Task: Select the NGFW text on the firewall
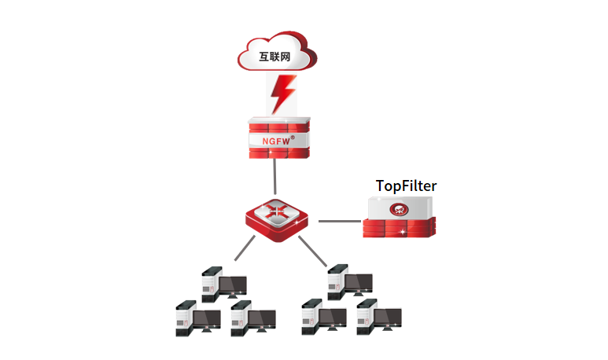(270, 141)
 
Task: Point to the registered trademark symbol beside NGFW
(293, 138)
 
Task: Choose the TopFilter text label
(406, 186)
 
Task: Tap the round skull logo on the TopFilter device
(400, 210)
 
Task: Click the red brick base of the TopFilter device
(400, 230)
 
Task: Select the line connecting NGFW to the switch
(275, 177)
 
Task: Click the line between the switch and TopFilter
(338, 221)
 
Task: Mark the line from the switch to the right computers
(314, 253)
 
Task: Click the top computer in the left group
(223, 285)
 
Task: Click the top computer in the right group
(350, 281)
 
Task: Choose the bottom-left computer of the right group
(323, 316)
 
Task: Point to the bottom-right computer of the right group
(378, 316)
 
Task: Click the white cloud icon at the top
(277, 52)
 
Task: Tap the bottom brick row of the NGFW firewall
(277, 152)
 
